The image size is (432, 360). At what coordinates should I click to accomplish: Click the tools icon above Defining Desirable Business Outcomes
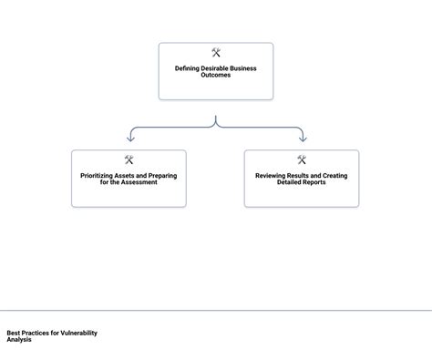click(216, 53)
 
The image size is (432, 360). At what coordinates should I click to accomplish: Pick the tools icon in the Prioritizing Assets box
click(129, 160)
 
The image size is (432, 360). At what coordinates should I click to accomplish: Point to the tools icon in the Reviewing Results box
click(302, 160)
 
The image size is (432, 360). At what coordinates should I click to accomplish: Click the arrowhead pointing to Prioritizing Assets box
click(130, 139)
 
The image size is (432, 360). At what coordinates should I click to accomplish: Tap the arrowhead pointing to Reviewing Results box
click(302, 139)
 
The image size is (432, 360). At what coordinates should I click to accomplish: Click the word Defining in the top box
click(188, 68)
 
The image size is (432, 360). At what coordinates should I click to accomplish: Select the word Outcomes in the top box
click(216, 75)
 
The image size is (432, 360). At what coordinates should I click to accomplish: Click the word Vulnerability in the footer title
click(79, 334)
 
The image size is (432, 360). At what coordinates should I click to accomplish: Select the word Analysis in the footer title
click(18, 340)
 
